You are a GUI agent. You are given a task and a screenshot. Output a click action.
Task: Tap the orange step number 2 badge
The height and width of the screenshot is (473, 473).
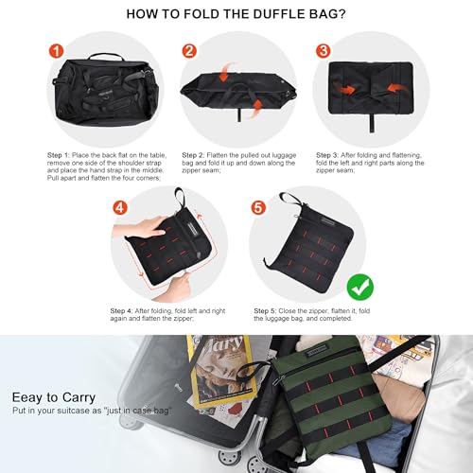coord(189,50)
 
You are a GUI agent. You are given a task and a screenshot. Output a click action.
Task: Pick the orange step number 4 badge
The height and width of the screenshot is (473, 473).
coord(119,205)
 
